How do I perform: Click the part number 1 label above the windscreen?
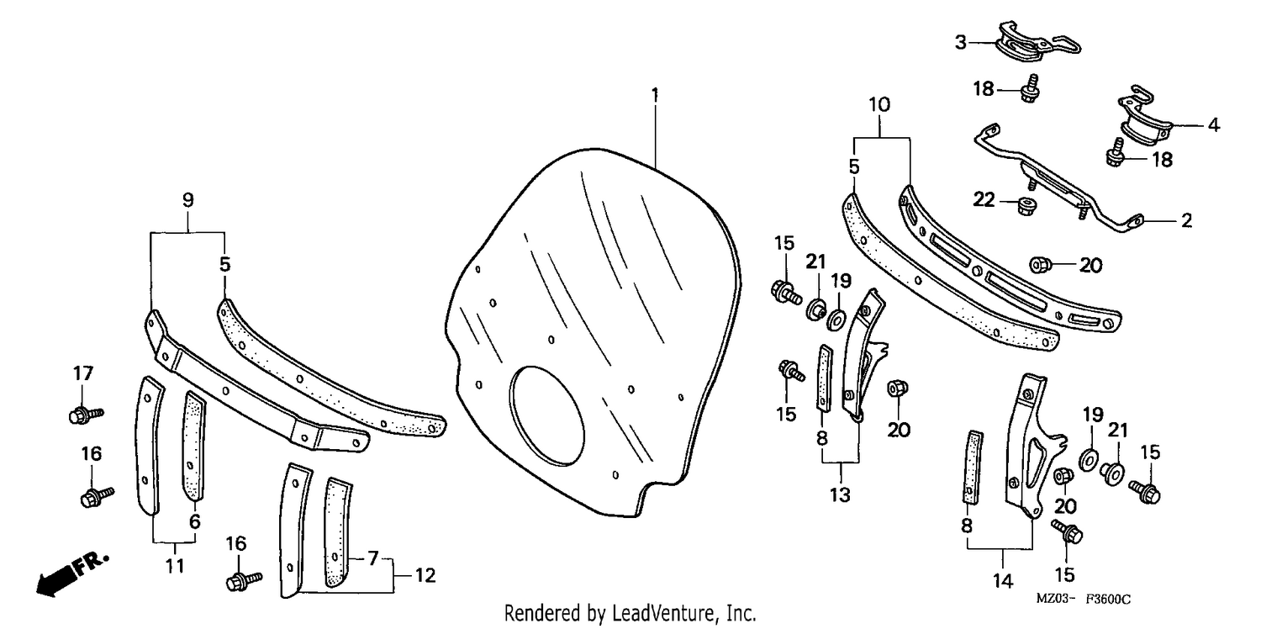click(x=655, y=95)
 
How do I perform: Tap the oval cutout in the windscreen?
click(x=546, y=417)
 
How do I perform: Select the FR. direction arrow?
click(x=72, y=574)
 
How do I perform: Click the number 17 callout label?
click(x=82, y=373)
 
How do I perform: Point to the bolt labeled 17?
click(x=86, y=415)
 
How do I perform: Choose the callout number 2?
click(x=1186, y=220)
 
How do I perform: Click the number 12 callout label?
click(x=425, y=575)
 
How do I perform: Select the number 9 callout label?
click(x=188, y=199)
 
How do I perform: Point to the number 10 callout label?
click(x=879, y=104)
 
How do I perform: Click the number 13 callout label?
click(x=839, y=495)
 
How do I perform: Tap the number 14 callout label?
click(x=1003, y=580)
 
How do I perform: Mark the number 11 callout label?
click(x=175, y=565)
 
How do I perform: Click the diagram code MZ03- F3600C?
click(x=1083, y=599)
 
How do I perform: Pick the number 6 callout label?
click(x=195, y=521)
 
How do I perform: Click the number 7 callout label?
click(x=372, y=558)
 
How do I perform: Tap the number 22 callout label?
click(x=984, y=199)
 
